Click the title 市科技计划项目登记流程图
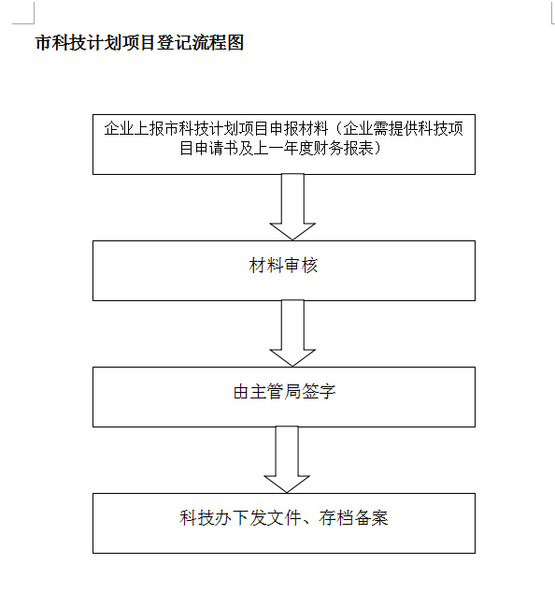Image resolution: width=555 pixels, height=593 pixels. pyautogui.click(x=139, y=42)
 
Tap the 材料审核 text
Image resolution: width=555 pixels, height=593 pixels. pyautogui.click(x=283, y=265)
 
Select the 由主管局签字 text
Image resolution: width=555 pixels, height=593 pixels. pyautogui.click(x=284, y=391)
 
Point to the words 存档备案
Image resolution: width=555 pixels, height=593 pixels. pyautogui.click(x=353, y=518)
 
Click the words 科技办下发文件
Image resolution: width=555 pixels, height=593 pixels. pyautogui.click(x=240, y=518)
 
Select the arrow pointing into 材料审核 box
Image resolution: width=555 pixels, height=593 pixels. pyautogui.click(x=292, y=207)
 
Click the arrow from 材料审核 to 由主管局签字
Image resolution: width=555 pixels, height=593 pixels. pyautogui.click(x=292, y=333)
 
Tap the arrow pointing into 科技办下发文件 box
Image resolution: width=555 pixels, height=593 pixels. pyautogui.click(x=287, y=459)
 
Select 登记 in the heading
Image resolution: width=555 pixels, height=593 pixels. pyautogui.click(x=175, y=42)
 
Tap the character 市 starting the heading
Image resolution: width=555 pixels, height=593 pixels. pyautogui.click(x=44, y=42)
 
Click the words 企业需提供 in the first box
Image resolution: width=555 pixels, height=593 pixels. pyautogui.click(x=380, y=129)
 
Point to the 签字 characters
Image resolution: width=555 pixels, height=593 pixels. pyautogui.click(x=319, y=391)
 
